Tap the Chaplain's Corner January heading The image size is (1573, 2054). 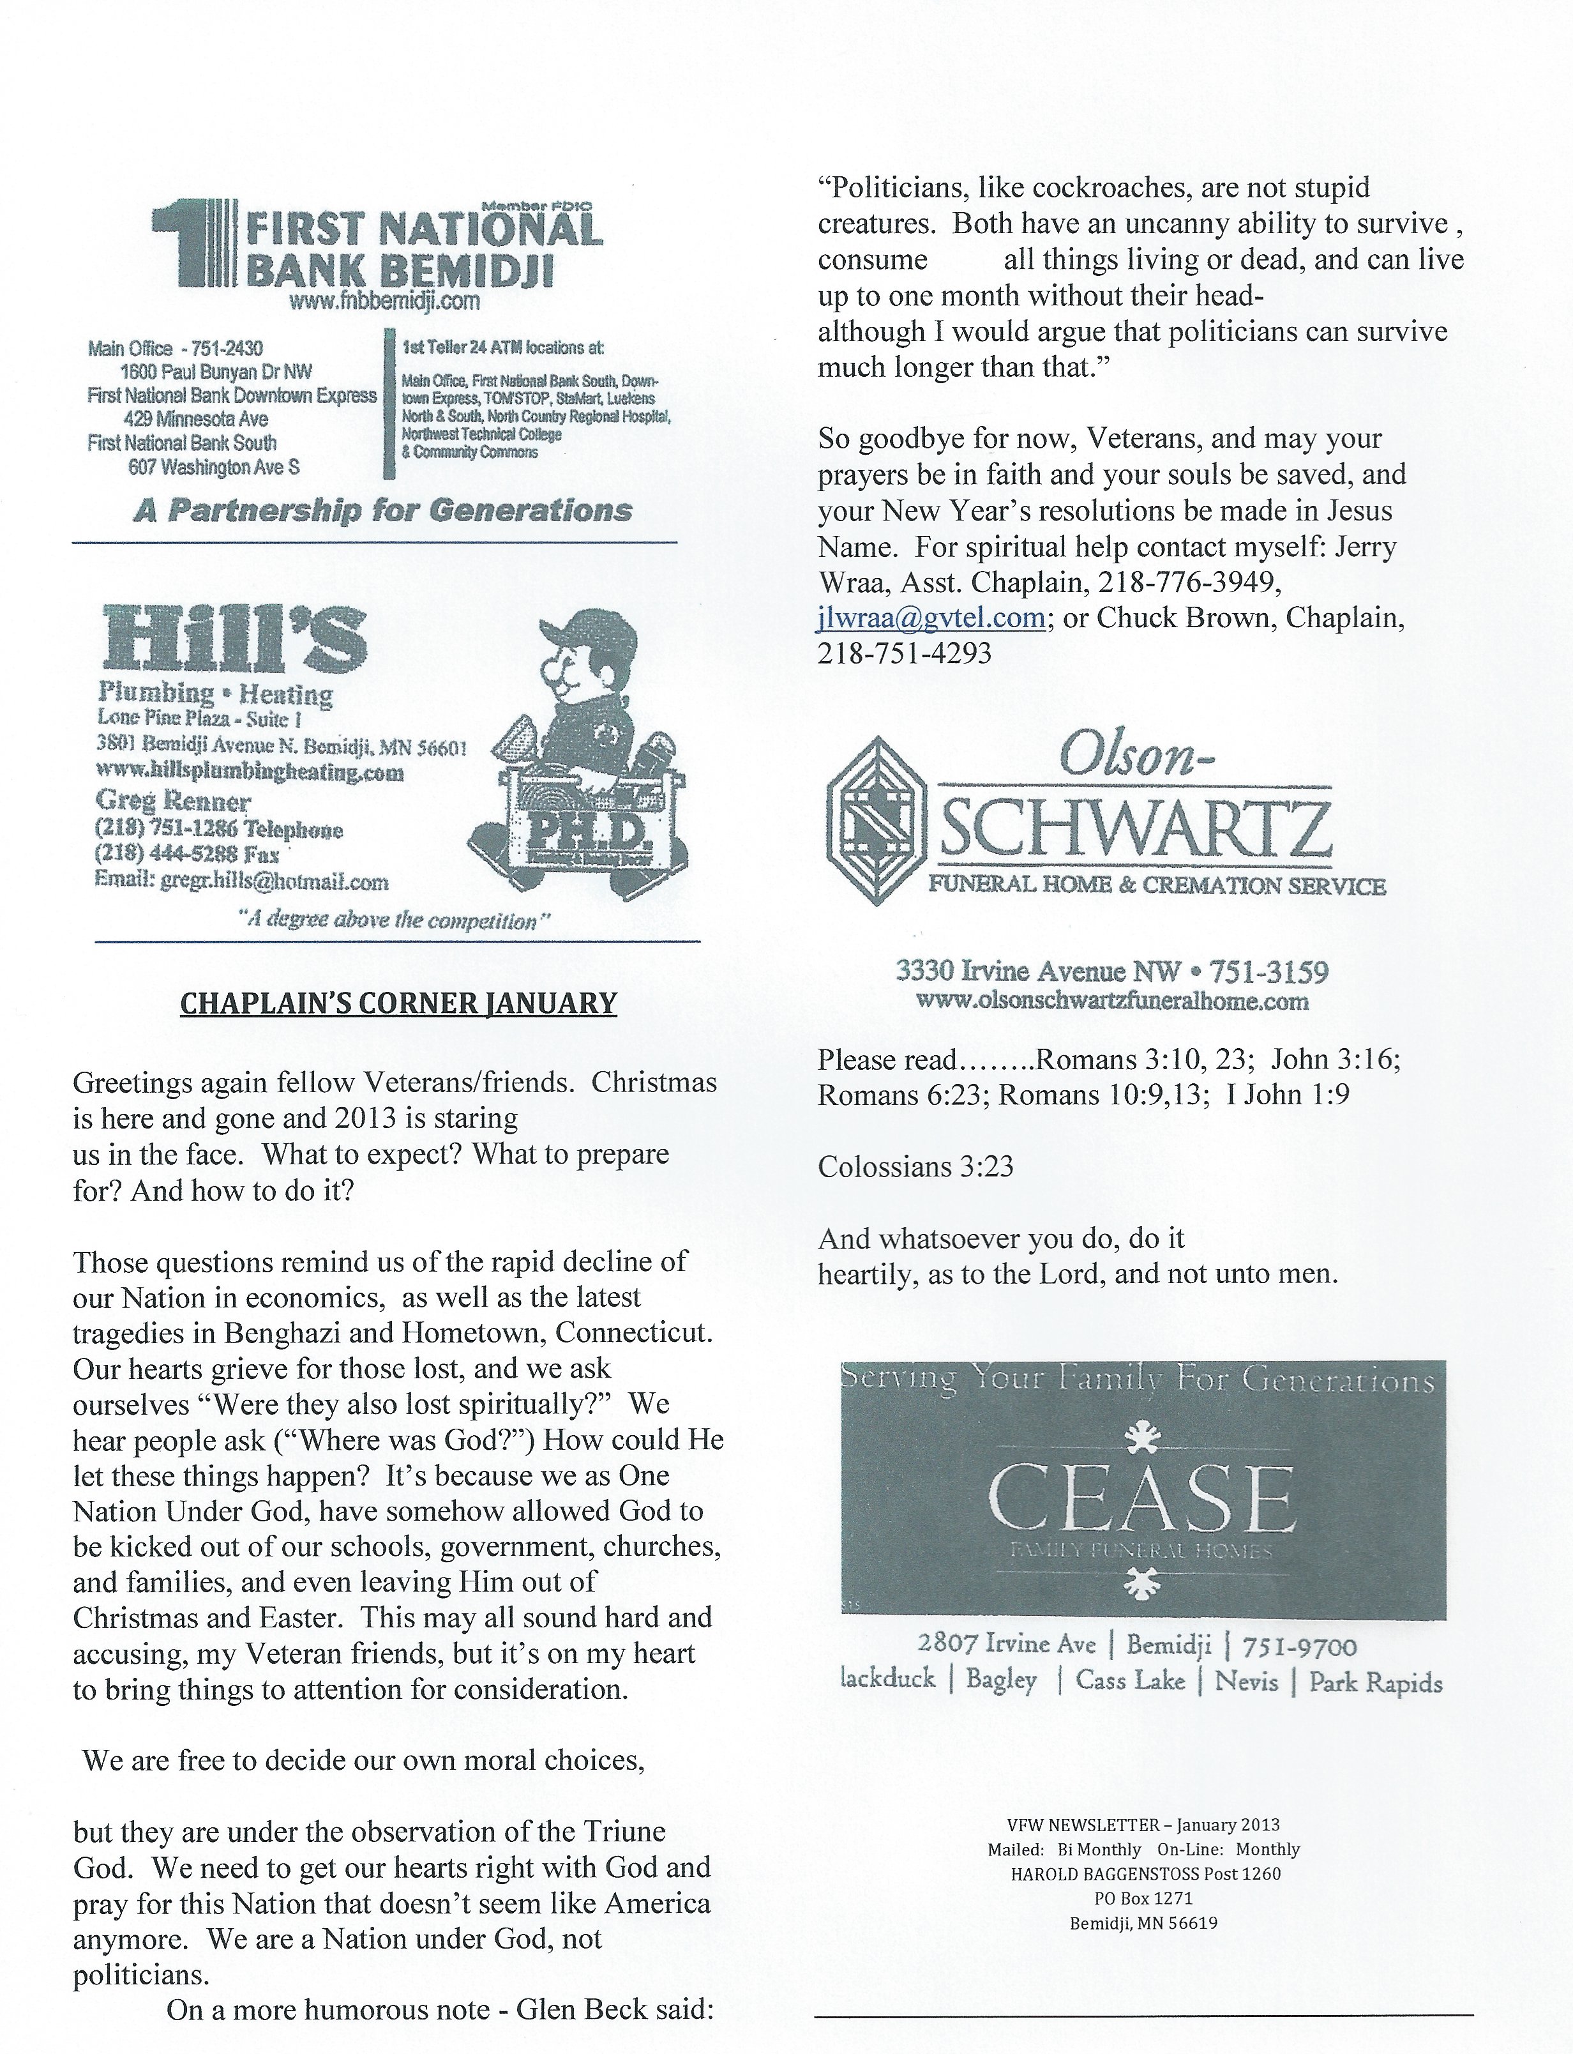tap(398, 1004)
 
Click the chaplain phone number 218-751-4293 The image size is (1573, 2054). tap(905, 654)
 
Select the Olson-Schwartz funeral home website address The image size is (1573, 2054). tap(1111, 1002)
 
